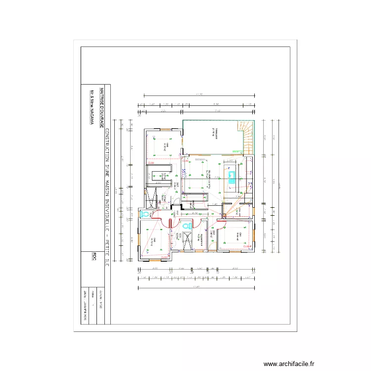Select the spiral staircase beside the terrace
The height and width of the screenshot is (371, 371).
coord(248,137)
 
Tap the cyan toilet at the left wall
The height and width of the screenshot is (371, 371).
coord(144,214)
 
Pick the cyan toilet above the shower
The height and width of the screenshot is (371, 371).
coord(186,226)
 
